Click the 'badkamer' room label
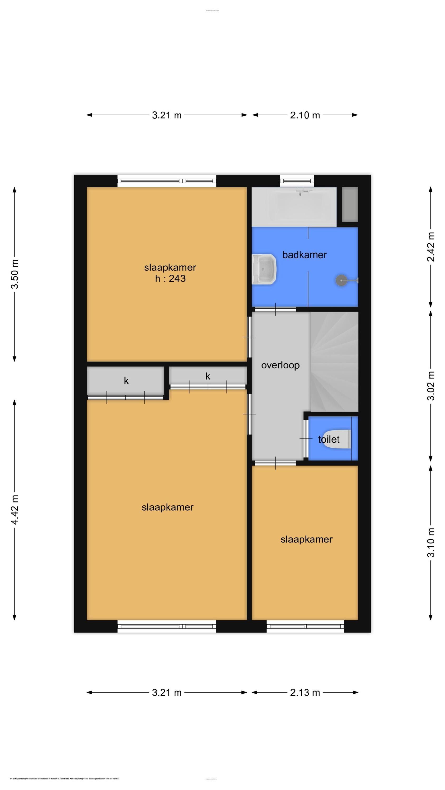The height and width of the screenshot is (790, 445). (304, 255)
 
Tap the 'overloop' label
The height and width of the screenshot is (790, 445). (280, 365)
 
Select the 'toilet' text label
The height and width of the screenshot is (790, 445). (328, 440)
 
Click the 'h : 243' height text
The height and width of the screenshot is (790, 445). (170, 278)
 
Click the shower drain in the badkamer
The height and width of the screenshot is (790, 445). (341, 280)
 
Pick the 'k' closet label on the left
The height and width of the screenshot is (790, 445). (126, 381)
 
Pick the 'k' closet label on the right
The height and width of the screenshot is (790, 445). (208, 376)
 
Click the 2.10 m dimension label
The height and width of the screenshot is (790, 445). (305, 115)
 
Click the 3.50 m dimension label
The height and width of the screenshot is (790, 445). (15, 274)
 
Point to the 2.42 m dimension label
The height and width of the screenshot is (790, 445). (431, 247)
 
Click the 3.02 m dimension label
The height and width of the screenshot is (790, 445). (431, 386)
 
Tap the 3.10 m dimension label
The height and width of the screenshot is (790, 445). (431, 542)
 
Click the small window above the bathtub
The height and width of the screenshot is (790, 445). (297, 181)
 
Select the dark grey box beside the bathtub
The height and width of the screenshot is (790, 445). (350, 204)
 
